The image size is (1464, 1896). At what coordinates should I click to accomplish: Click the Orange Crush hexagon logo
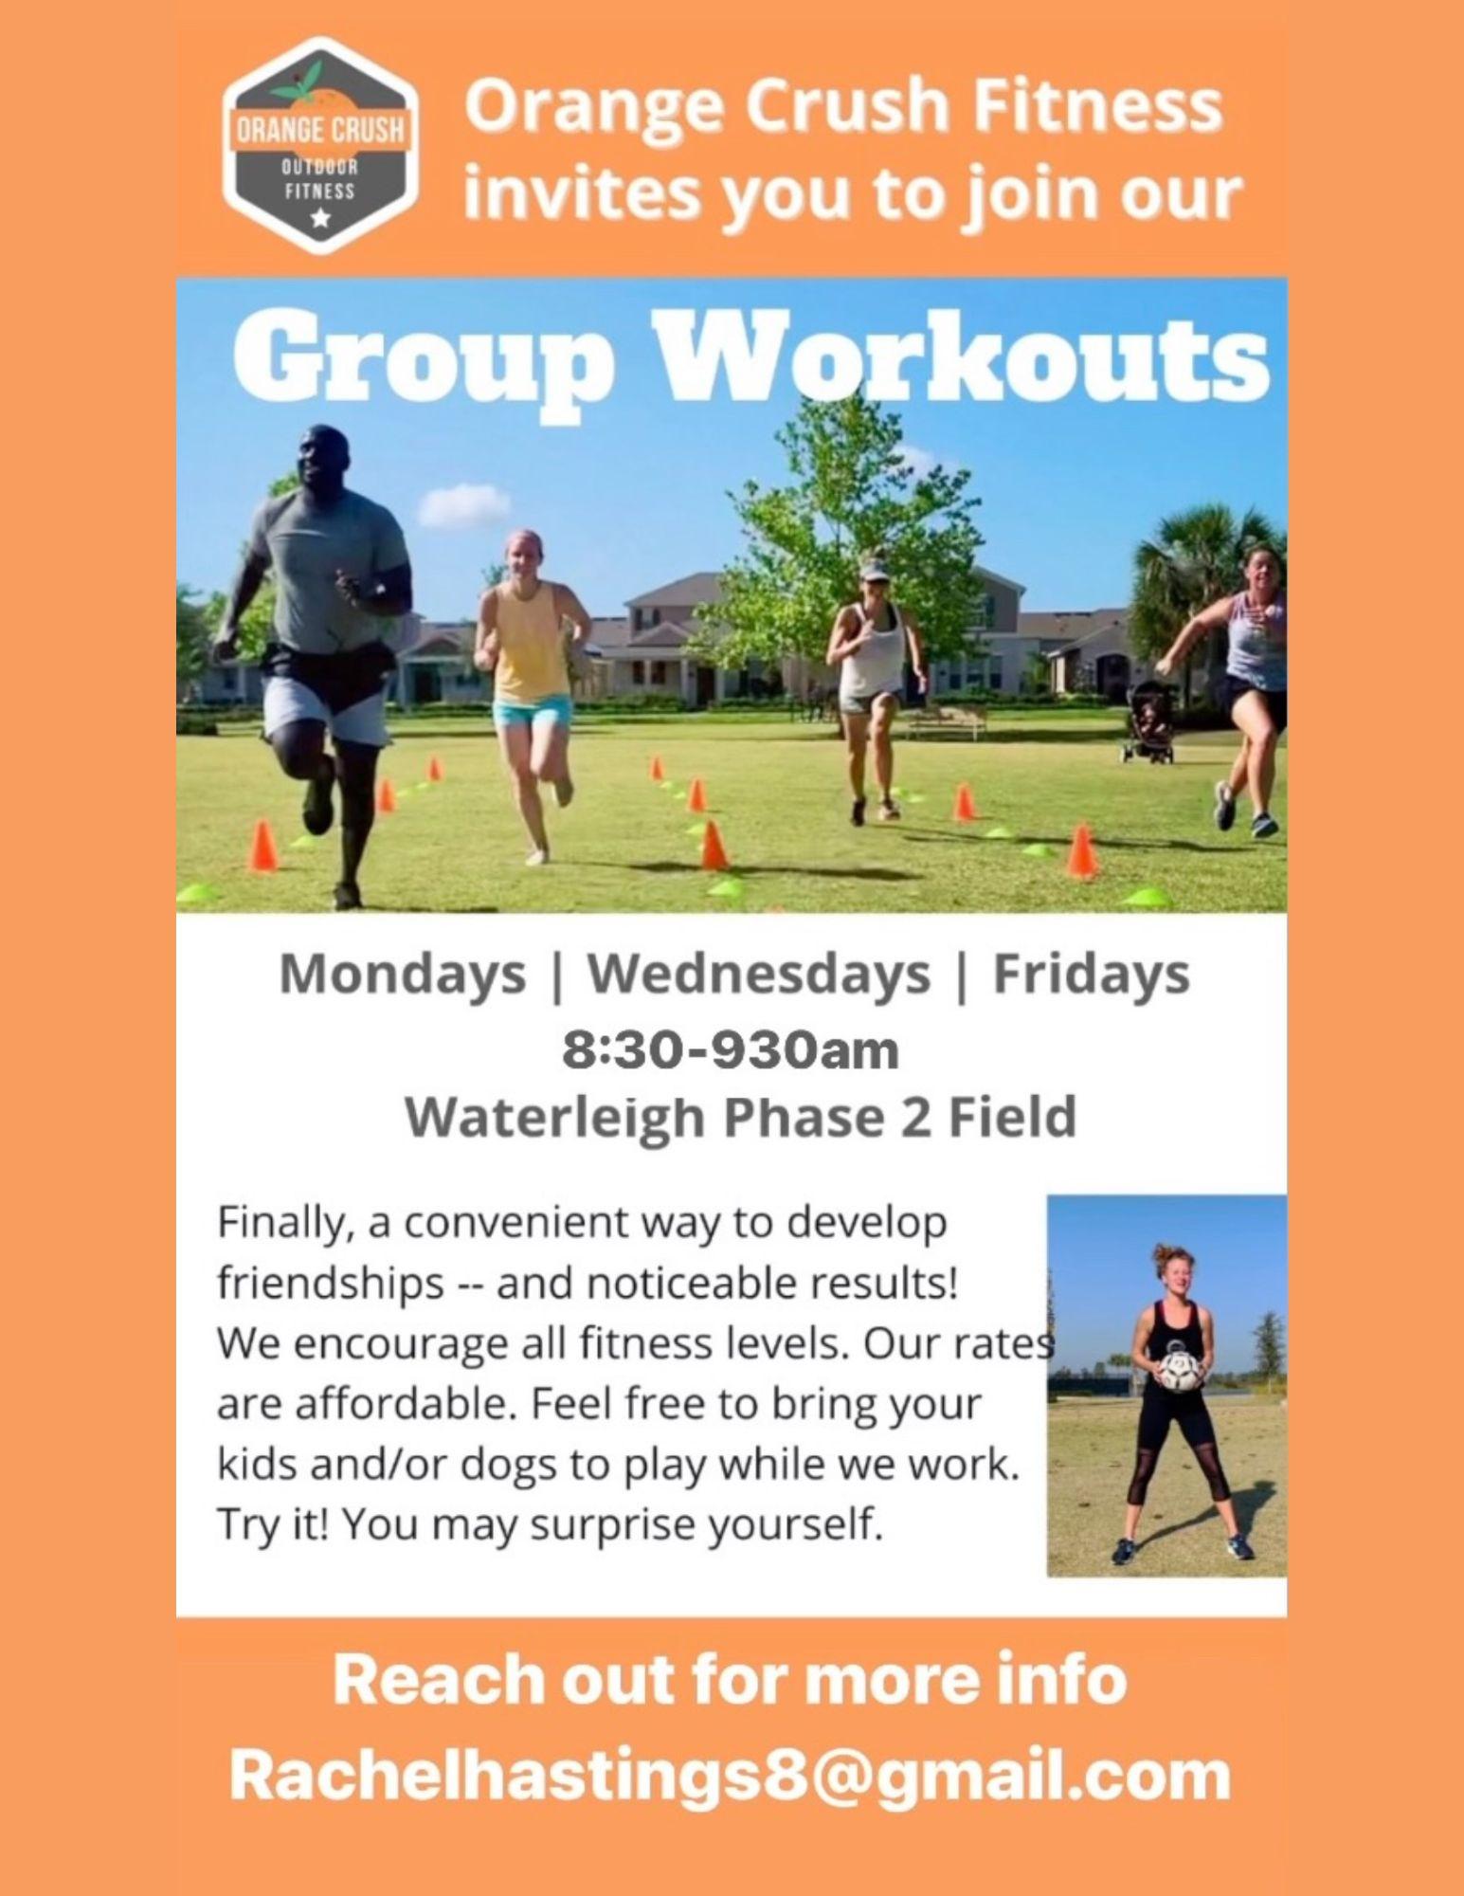[321, 146]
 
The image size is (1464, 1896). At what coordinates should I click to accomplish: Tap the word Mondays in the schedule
[403, 975]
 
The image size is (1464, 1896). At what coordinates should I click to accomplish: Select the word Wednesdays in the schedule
[759, 975]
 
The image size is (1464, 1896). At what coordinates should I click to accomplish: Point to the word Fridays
[1091, 975]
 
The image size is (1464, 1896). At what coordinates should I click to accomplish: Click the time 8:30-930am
[731, 1050]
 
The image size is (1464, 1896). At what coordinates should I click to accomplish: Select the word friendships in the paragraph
[331, 1284]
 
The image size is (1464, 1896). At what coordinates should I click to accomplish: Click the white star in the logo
[321, 219]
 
